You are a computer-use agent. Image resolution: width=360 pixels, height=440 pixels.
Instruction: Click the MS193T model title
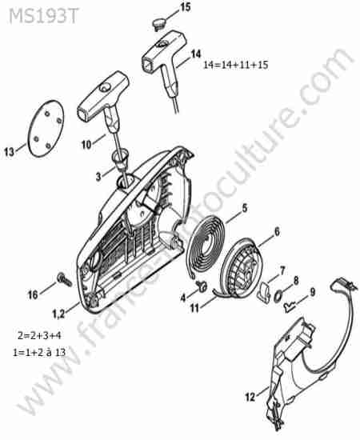tap(43, 16)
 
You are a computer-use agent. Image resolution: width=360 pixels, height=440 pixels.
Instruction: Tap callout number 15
tap(184, 7)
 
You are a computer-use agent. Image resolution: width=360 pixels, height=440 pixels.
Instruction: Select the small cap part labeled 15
tap(159, 23)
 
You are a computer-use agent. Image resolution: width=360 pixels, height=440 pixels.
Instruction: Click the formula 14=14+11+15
tap(236, 65)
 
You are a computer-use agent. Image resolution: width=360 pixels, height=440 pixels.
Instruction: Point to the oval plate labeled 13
tap(46, 129)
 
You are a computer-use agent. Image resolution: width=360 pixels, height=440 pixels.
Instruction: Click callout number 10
tap(86, 145)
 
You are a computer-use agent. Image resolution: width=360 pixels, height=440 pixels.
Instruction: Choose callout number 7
tap(282, 270)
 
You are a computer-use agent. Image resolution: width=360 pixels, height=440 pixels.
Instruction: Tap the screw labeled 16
tap(65, 279)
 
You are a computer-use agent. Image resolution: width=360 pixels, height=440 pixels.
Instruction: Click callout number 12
tap(250, 397)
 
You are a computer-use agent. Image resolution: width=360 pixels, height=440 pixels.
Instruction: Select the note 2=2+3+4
tap(39, 335)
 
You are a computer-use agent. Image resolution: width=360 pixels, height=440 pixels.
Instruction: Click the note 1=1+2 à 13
tap(39, 352)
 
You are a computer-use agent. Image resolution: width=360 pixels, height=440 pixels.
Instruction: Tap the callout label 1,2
tap(59, 314)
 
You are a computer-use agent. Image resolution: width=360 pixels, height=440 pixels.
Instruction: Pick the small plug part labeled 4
tap(201, 286)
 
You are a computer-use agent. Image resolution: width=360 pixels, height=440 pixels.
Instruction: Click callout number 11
tap(194, 308)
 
